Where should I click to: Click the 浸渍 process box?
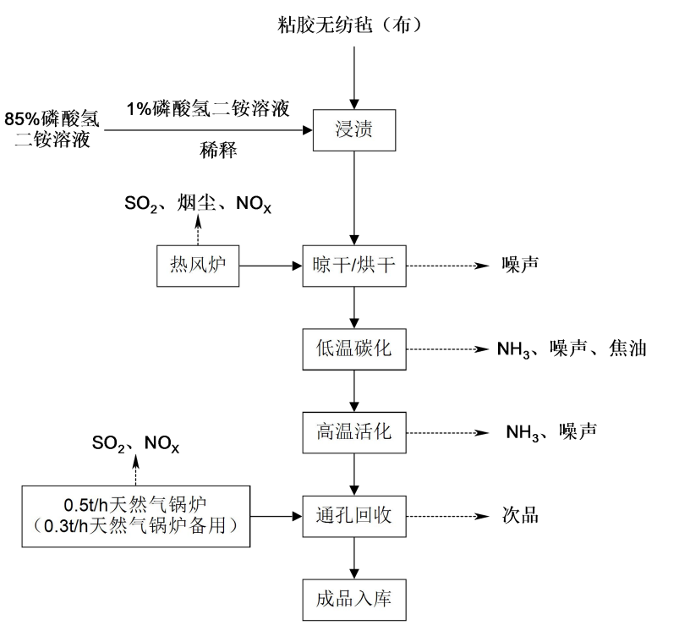(x=354, y=131)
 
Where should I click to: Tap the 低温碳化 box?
(x=354, y=348)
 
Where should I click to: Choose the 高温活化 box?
(x=354, y=431)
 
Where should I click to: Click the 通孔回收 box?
(x=354, y=514)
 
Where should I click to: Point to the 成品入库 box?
(x=354, y=598)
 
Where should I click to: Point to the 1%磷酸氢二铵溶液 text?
(x=208, y=107)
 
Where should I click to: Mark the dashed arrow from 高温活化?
(x=449, y=431)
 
